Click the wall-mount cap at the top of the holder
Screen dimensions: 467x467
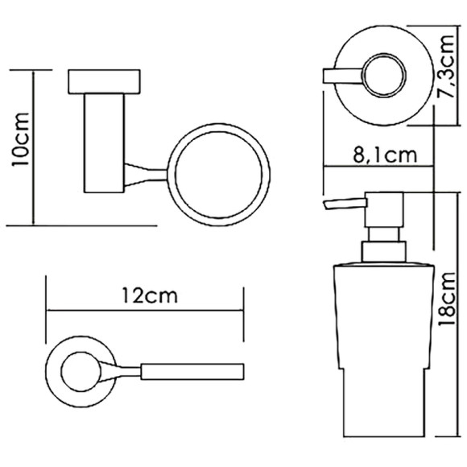pos(104,82)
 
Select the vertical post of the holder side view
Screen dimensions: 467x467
pos(104,145)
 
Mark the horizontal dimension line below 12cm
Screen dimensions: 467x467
pos(145,309)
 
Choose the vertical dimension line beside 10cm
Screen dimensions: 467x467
pos(34,147)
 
